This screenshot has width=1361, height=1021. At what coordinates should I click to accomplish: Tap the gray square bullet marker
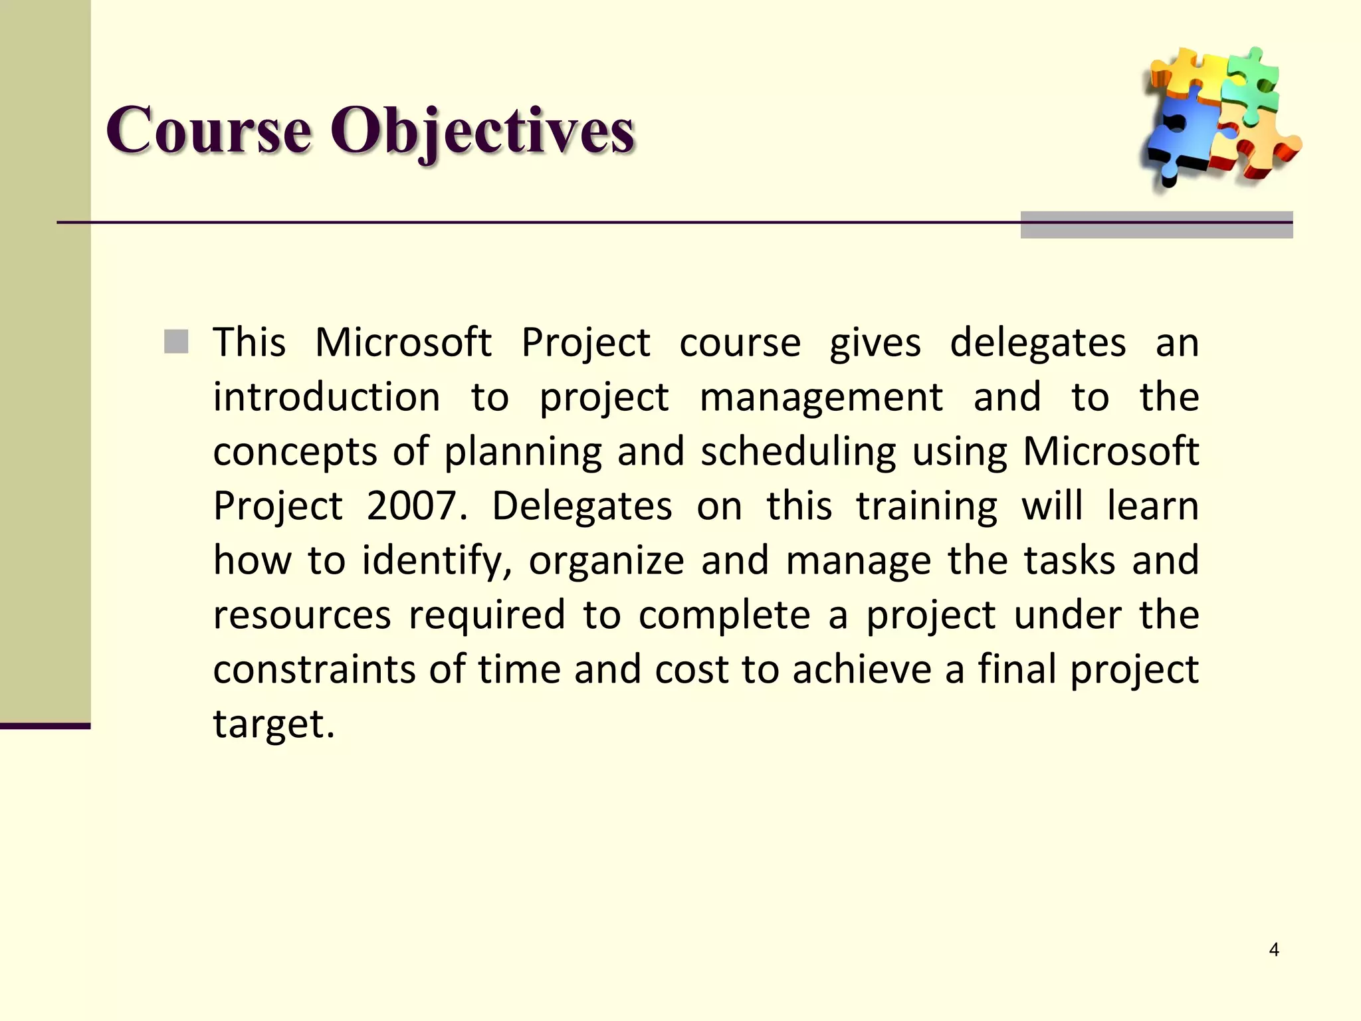pos(176,342)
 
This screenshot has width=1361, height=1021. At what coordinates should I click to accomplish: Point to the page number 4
pos(1274,950)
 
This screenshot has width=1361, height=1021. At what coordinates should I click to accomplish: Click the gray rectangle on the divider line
pos(1156,225)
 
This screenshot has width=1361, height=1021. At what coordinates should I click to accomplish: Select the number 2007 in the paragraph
pos(412,506)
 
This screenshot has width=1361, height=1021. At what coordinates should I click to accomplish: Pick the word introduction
pos(326,397)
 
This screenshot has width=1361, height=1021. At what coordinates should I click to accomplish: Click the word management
pos(821,397)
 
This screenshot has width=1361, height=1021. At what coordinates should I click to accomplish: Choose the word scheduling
pos(799,452)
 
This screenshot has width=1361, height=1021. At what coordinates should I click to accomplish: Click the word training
pos(926,507)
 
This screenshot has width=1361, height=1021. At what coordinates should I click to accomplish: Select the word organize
pos(606,561)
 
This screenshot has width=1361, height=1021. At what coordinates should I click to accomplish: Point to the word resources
pos(302,615)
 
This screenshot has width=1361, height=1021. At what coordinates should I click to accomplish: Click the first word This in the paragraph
pos(249,343)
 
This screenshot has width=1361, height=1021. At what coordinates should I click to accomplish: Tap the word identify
pos(436,561)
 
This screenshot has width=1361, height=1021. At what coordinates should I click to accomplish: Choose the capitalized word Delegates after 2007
pos(582,507)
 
